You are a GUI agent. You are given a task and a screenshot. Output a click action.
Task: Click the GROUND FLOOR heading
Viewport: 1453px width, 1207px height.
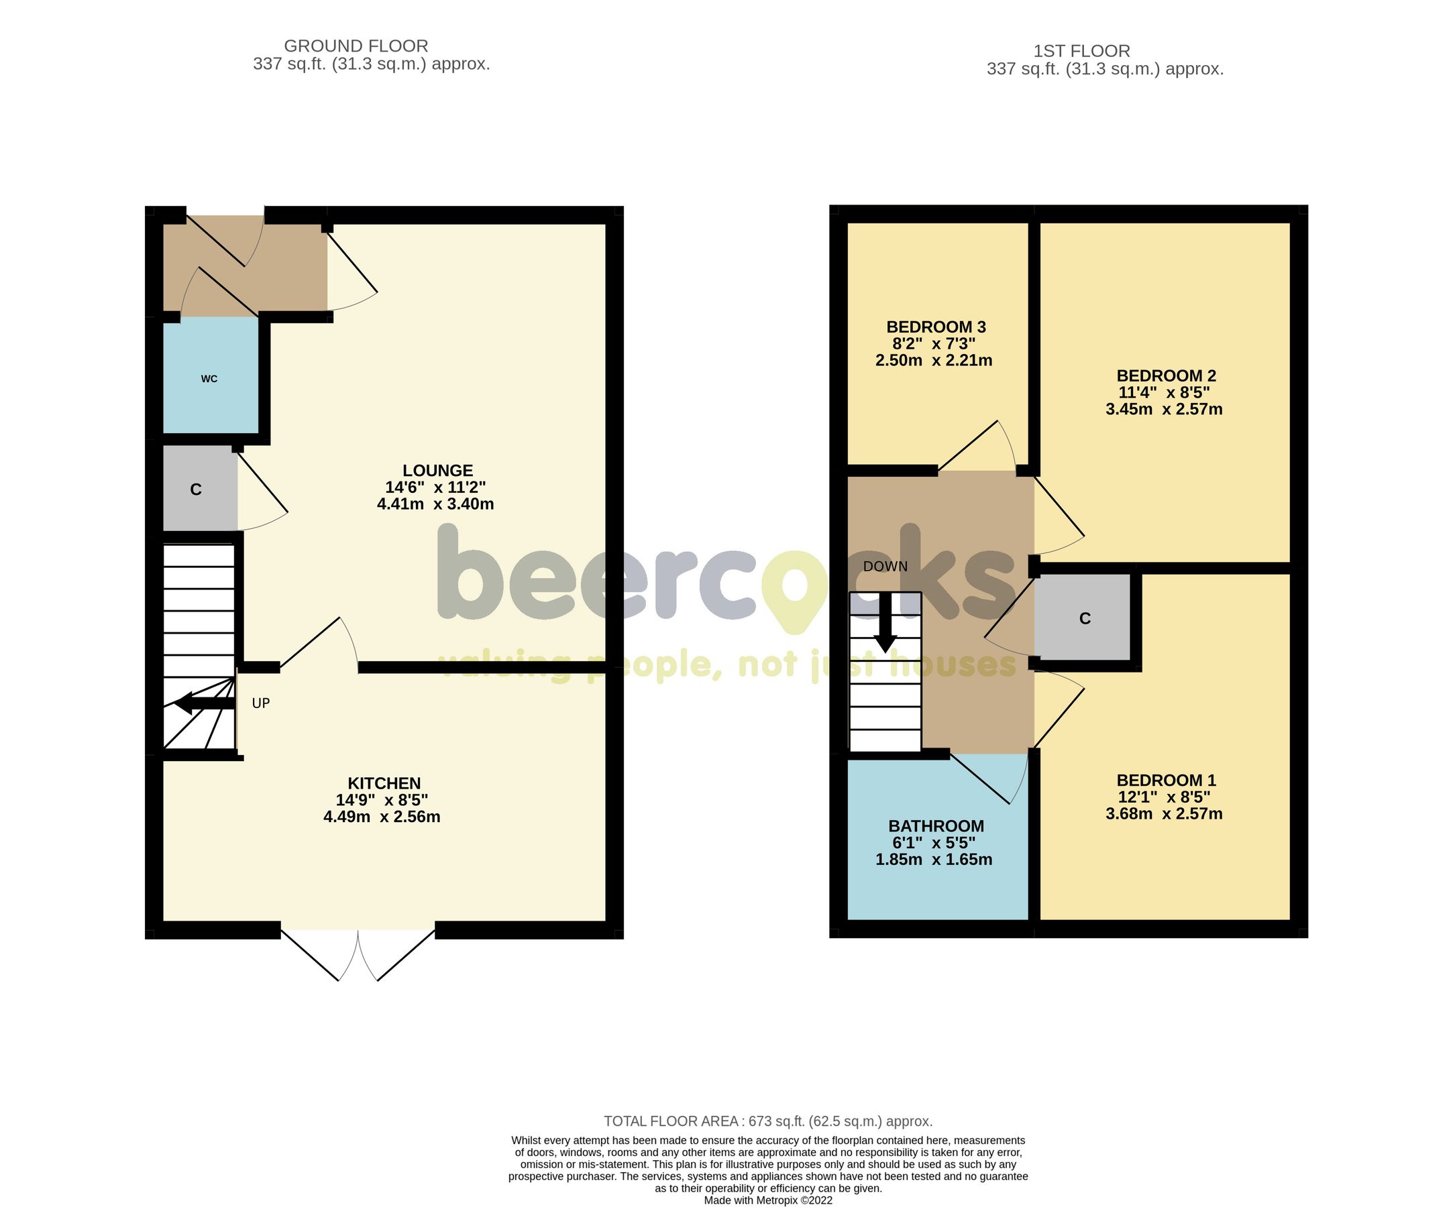(356, 46)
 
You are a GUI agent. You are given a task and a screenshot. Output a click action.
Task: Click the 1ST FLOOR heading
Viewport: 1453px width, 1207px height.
(1081, 50)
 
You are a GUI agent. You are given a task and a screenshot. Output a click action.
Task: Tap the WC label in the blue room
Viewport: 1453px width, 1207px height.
(209, 378)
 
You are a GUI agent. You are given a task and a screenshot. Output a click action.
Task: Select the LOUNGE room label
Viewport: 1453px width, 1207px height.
(437, 470)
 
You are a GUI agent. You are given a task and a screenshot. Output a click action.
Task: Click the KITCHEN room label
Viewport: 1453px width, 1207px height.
(384, 783)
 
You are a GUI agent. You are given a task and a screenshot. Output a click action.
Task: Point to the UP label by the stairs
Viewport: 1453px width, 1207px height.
(261, 703)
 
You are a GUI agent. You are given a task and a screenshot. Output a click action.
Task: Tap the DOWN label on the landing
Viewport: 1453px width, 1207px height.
(885, 567)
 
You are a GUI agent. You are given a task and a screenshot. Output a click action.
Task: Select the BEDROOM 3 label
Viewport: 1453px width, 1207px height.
(935, 327)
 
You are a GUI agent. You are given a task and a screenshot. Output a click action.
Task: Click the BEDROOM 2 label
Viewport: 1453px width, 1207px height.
(1166, 376)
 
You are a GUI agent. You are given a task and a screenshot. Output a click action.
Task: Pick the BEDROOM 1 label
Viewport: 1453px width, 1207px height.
(1166, 780)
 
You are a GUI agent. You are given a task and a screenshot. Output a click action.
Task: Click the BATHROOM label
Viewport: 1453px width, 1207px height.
(935, 826)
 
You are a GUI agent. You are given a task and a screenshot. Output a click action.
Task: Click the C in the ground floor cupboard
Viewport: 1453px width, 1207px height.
(196, 490)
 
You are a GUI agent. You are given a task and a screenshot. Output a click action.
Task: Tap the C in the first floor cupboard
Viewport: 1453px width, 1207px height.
(1084, 618)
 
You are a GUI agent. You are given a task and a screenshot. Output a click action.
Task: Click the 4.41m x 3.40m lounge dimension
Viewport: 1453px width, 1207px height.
(435, 504)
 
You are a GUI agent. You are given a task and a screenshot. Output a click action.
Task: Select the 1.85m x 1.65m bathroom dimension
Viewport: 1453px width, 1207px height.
(933, 860)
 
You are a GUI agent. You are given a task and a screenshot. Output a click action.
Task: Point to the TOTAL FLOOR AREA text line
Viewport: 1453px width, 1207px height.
(768, 1121)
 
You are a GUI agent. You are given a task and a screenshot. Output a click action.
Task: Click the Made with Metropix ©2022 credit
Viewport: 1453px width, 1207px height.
(768, 1200)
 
